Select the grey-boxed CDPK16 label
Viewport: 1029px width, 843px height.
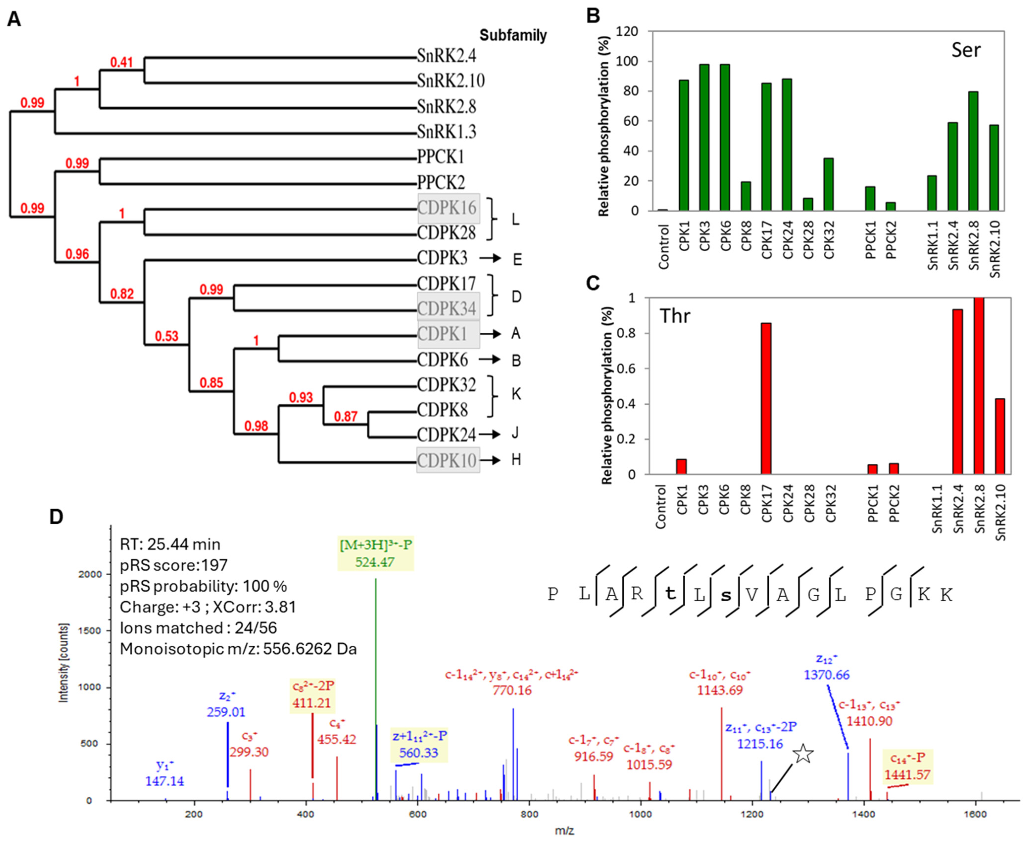pos(448,208)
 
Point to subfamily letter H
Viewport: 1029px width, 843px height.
pos(516,459)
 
